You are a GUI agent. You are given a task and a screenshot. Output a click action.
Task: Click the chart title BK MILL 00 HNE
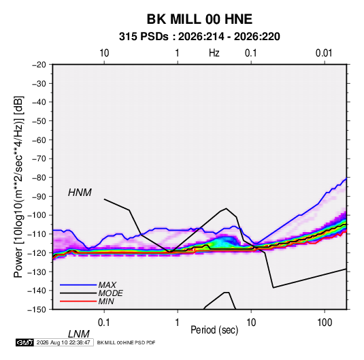pos(199,19)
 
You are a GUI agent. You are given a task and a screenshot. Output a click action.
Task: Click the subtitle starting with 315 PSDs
pos(199,37)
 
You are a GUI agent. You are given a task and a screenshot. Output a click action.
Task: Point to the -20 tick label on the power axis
pos(39,65)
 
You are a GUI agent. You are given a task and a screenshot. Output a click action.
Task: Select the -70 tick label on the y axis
pos(39,159)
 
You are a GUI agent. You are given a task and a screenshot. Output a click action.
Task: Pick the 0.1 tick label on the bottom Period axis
pos(104,323)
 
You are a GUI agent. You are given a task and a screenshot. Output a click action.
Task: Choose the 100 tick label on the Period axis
pos(325,323)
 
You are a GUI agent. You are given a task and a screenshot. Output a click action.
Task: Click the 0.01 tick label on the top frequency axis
pos(324,53)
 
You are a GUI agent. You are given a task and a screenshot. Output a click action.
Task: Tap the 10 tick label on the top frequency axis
pos(104,53)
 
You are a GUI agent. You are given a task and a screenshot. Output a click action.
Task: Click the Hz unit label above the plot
pos(214,53)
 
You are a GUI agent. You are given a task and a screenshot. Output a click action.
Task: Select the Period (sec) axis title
pos(214,330)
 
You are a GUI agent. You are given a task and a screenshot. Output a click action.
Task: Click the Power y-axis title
pos(18,187)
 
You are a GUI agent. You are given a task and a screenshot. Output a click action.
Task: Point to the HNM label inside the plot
pos(80,193)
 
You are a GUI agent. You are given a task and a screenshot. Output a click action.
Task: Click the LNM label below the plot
pos(78,334)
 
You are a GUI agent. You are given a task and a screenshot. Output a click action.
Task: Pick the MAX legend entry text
pos(107,284)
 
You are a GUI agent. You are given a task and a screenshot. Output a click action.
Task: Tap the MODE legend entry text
pos(110,293)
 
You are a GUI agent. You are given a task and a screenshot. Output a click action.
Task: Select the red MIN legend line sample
pos(78,301)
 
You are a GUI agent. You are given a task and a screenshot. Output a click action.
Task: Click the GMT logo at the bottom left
pos(24,342)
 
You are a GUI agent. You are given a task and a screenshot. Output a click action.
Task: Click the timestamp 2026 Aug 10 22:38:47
pos(63,342)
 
